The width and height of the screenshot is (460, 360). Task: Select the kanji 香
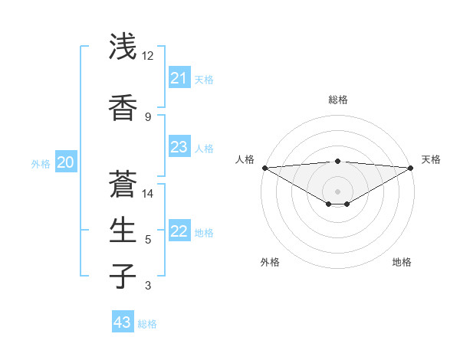coord(123,107)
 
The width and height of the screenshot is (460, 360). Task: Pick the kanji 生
coord(123,230)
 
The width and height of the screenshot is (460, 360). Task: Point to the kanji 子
coord(123,276)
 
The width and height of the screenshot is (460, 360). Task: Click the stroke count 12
coord(148,56)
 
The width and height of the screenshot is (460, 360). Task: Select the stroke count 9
coord(148,116)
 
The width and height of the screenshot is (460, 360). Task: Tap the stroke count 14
coord(148,193)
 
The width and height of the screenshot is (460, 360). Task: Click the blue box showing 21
coord(179,78)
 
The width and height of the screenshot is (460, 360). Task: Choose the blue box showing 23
coord(179,147)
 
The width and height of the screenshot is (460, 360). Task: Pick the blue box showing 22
coord(179,231)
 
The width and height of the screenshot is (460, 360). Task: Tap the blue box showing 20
coord(66,162)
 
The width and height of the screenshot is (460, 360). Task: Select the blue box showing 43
coord(123,322)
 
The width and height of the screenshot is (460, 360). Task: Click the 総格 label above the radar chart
coord(338,100)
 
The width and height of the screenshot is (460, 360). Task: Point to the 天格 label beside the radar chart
coord(431,159)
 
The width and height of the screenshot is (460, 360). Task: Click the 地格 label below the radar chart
coord(402,262)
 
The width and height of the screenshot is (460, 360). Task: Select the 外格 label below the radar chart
coord(270,262)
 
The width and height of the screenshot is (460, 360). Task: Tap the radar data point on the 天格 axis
coord(411,168)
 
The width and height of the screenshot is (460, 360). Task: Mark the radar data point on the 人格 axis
coord(264,168)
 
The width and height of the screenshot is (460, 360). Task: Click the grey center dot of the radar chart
coord(337,191)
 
